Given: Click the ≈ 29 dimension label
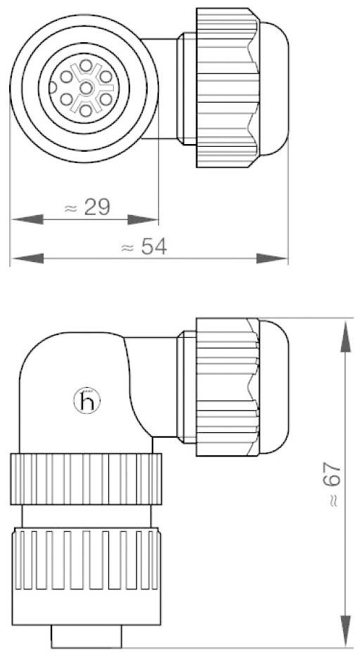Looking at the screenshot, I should (91, 207).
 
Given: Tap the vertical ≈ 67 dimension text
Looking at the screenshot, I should (333, 485).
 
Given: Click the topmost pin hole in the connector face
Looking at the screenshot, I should (86, 66).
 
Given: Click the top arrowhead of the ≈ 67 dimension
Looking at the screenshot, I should (346, 334).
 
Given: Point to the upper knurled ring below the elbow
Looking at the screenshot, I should (86, 479).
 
